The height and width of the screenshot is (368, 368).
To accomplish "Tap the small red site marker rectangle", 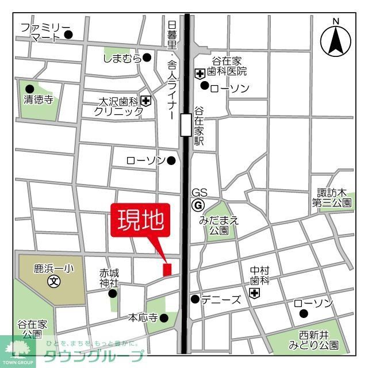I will (x=167, y=269).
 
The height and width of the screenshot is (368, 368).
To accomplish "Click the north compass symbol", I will (x=335, y=39).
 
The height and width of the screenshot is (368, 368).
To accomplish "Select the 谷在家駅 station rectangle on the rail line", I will (x=186, y=124).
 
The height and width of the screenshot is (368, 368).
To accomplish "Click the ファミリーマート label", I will (x=45, y=33).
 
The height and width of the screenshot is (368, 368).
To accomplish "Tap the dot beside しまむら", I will (x=147, y=57).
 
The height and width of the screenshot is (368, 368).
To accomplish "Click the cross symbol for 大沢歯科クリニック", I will (x=147, y=102).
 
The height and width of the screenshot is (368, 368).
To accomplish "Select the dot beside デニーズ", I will (x=195, y=299).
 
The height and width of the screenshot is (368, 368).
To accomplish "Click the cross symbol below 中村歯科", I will (x=254, y=294).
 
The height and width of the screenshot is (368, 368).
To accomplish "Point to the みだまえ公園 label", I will (x=219, y=225).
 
